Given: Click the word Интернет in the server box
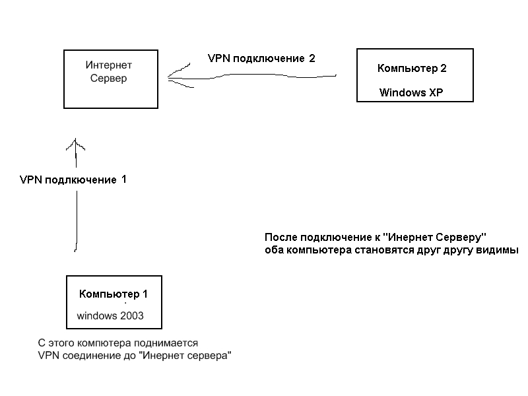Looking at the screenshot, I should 109,65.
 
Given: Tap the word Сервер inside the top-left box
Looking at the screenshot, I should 109,78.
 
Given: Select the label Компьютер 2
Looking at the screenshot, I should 412,69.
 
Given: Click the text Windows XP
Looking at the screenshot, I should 411,93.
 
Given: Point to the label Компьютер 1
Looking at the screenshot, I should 114,294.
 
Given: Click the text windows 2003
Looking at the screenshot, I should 110,315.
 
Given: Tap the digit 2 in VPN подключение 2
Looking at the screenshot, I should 312,58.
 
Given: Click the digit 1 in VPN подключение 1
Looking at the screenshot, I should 123,179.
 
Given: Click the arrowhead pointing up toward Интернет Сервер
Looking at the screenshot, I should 77,143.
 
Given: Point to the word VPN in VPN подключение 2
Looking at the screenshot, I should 218,58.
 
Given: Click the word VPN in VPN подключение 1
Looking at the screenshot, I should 31,180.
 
